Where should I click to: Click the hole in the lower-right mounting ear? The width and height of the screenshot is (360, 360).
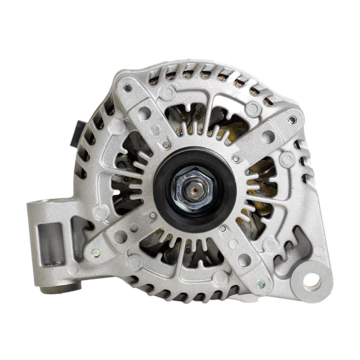(312, 281)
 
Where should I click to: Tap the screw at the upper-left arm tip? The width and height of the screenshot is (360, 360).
(128, 88)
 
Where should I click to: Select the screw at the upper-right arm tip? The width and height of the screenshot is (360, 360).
(292, 120)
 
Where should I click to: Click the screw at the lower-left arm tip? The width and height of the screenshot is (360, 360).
(95, 252)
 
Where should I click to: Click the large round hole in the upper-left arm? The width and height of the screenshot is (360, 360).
(144, 113)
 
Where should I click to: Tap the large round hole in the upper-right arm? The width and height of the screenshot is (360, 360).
(268, 137)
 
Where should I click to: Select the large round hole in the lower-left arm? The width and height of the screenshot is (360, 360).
(121, 237)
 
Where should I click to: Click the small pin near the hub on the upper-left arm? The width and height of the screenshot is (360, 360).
(166, 145)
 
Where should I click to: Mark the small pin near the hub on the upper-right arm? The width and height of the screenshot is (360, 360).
(236, 159)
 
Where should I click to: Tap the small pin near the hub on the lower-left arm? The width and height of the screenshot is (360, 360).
(153, 214)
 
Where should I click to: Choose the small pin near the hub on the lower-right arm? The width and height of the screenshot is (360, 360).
(222, 229)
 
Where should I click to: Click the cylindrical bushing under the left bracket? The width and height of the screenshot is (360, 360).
(58, 289)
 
